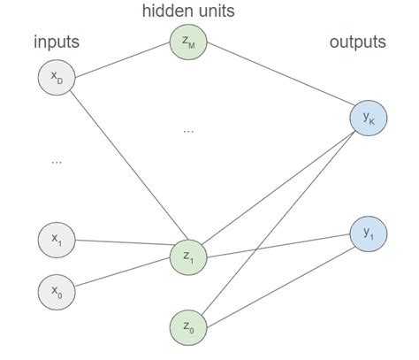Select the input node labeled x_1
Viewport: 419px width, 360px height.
[x=57, y=239]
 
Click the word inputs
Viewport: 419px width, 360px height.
[x=56, y=42]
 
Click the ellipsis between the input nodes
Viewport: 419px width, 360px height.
[x=57, y=162]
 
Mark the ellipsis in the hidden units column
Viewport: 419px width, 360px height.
[x=188, y=130]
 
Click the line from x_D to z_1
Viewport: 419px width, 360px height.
[x=122, y=167]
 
